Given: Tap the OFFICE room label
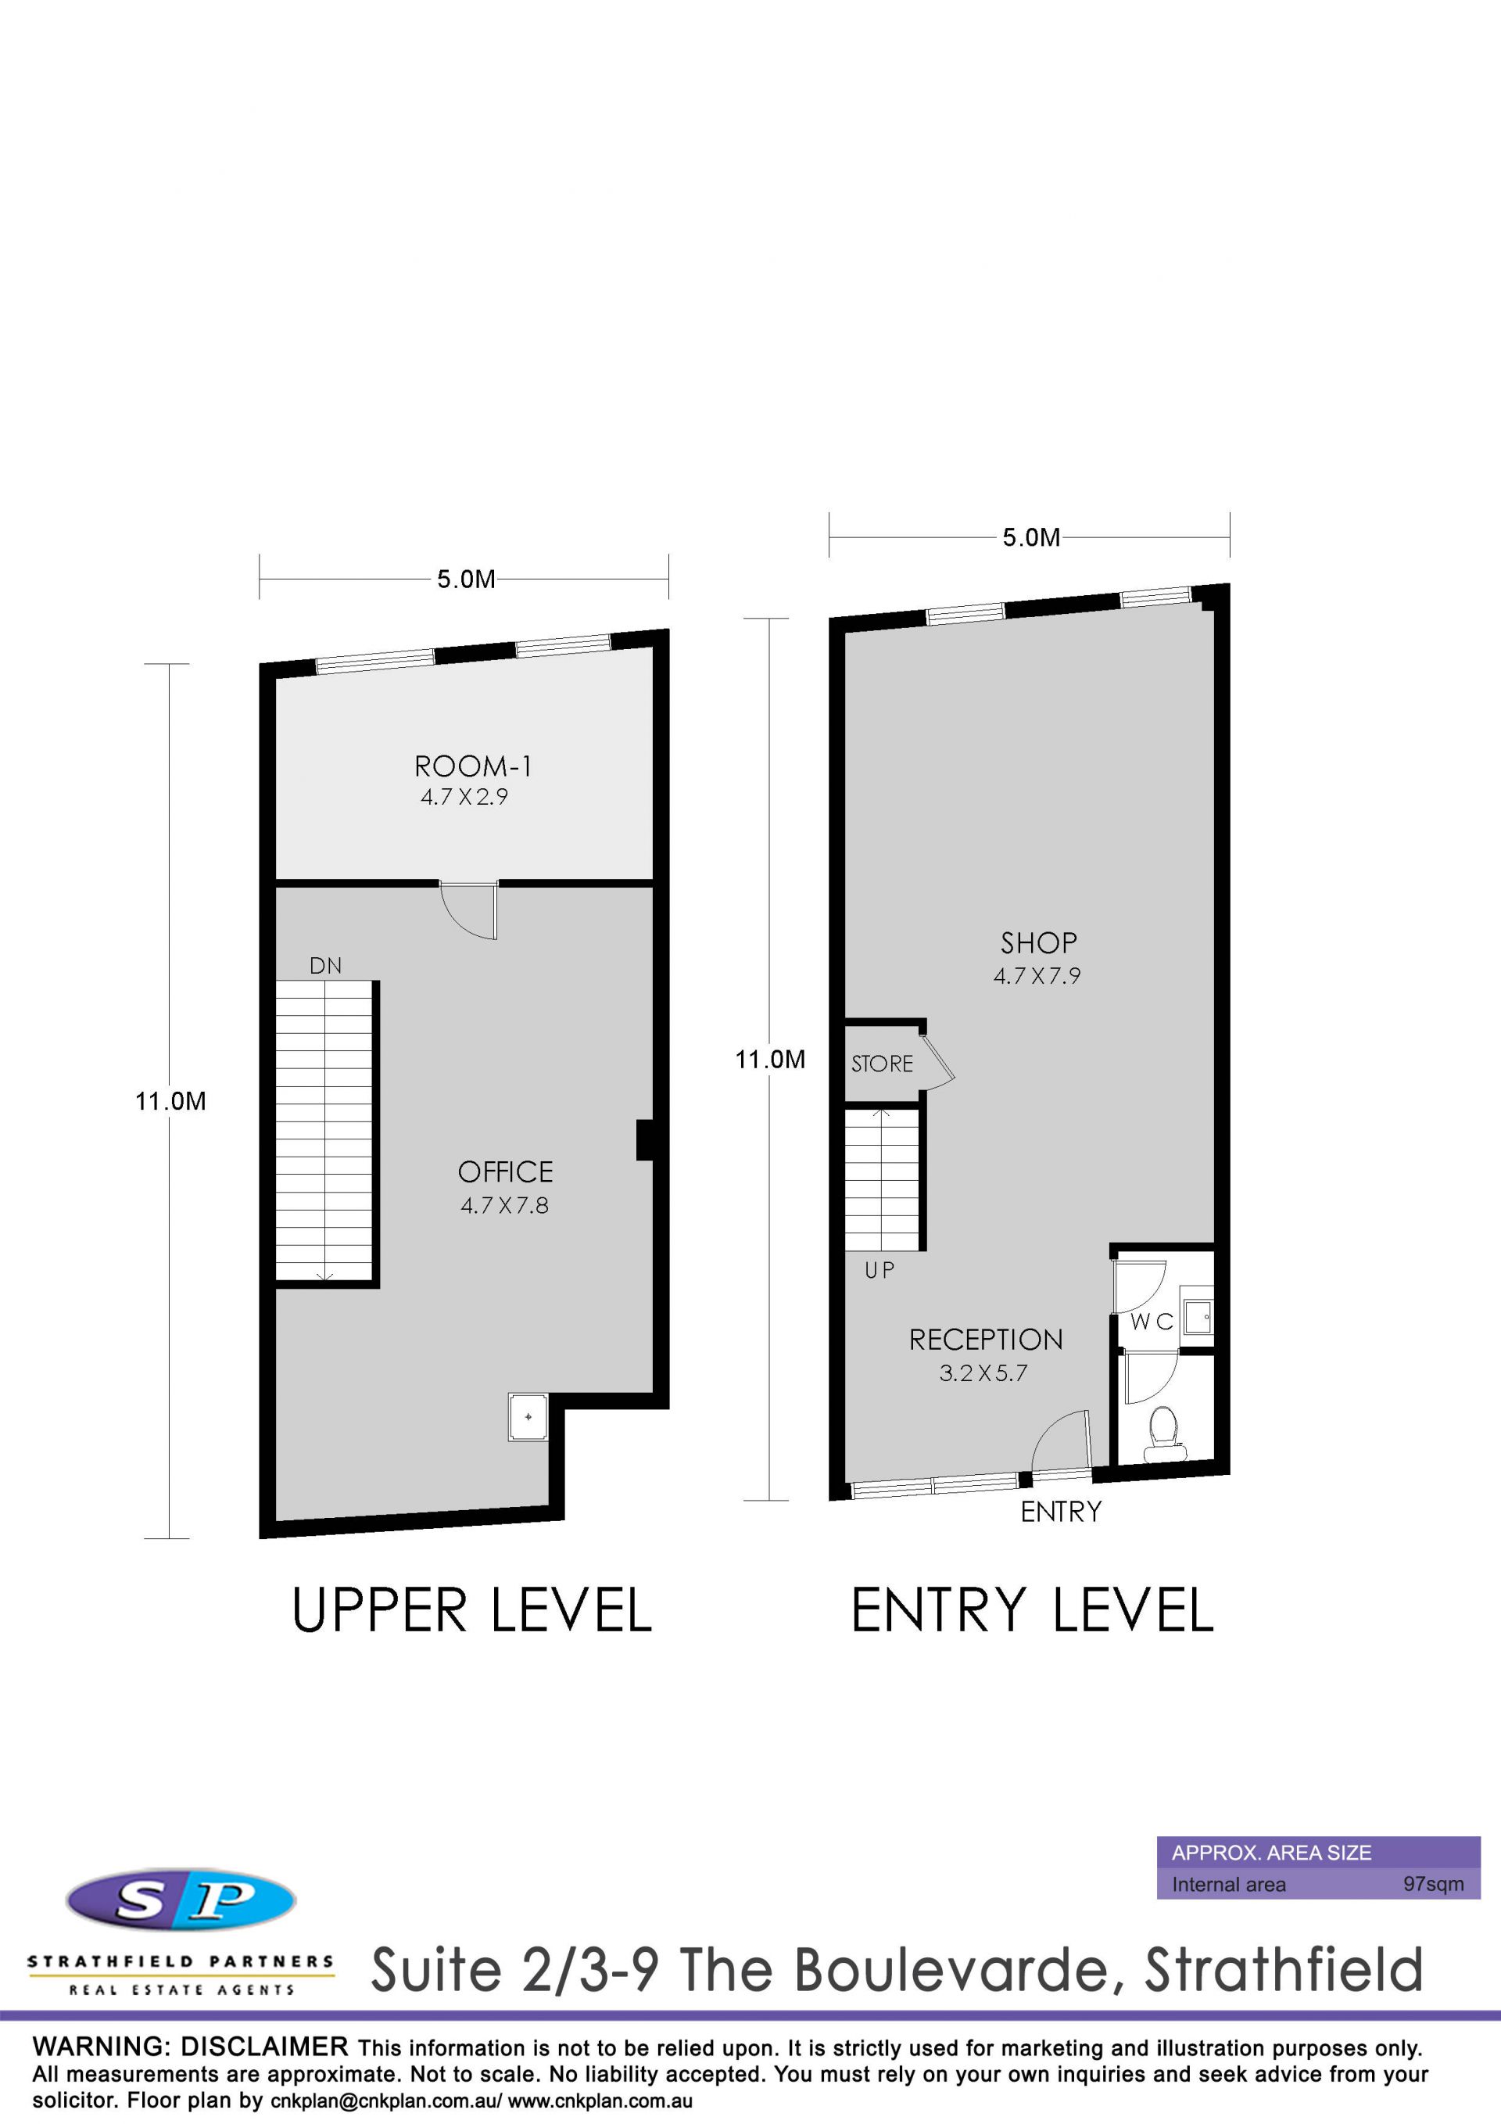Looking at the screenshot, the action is (505, 1172).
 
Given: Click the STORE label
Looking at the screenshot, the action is (883, 1064).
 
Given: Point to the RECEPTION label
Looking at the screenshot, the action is (986, 1340).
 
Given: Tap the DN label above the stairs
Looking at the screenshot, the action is (325, 966).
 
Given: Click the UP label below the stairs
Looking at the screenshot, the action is (879, 1270).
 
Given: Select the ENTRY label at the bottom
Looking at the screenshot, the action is (1061, 1512).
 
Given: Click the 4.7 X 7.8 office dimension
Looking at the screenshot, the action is (505, 1205).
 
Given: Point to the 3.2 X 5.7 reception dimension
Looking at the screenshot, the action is (983, 1372).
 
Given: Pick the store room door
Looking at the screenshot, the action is (936, 1059).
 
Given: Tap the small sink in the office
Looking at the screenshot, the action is (527, 1416).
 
